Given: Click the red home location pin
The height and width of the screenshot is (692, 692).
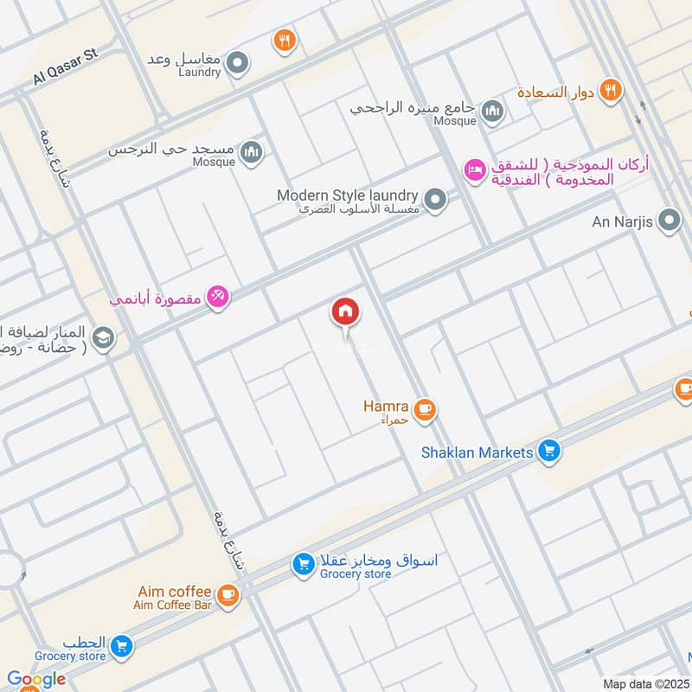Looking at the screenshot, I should pyautogui.click(x=345, y=312).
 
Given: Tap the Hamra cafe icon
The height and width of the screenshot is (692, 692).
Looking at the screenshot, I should pyautogui.click(x=424, y=409).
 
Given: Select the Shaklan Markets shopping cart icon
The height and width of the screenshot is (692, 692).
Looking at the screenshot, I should pyautogui.click(x=548, y=451).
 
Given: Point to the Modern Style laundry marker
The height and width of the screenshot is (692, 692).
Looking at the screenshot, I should pyautogui.click(x=436, y=200).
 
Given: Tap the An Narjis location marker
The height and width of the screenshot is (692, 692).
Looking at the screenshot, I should pyautogui.click(x=669, y=221).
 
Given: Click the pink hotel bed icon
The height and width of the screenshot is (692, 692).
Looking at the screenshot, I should pyautogui.click(x=475, y=170).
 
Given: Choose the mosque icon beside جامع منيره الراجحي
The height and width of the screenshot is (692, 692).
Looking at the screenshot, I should pyautogui.click(x=492, y=111).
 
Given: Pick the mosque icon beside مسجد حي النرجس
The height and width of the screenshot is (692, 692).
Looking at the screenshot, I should pyautogui.click(x=252, y=152).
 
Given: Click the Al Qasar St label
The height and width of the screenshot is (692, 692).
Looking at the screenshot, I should pyautogui.click(x=67, y=67).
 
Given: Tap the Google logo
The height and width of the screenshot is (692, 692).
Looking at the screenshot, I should pyautogui.click(x=36, y=679).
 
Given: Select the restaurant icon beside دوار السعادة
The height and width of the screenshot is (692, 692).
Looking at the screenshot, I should pyautogui.click(x=611, y=90).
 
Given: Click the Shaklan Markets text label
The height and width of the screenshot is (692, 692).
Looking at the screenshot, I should pyautogui.click(x=477, y=452).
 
